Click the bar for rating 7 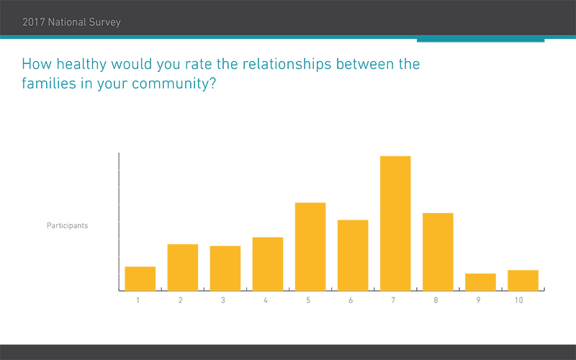point(395,223)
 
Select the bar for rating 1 point(140,279)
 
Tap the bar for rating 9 point(480,282)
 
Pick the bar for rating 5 point(310,247)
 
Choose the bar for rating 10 point(523,280)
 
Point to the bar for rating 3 point(225,269)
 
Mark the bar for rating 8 point(438,252)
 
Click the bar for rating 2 point(182,267)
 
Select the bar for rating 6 point(353,256)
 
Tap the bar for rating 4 point(268,264)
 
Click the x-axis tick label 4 point(266,300)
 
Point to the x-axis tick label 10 point(518,300)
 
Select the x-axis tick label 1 point(138,300)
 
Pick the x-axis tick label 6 point(351,300)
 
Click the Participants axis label point(68,225)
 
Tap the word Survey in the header point(102,22)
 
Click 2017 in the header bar point(34,22)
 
